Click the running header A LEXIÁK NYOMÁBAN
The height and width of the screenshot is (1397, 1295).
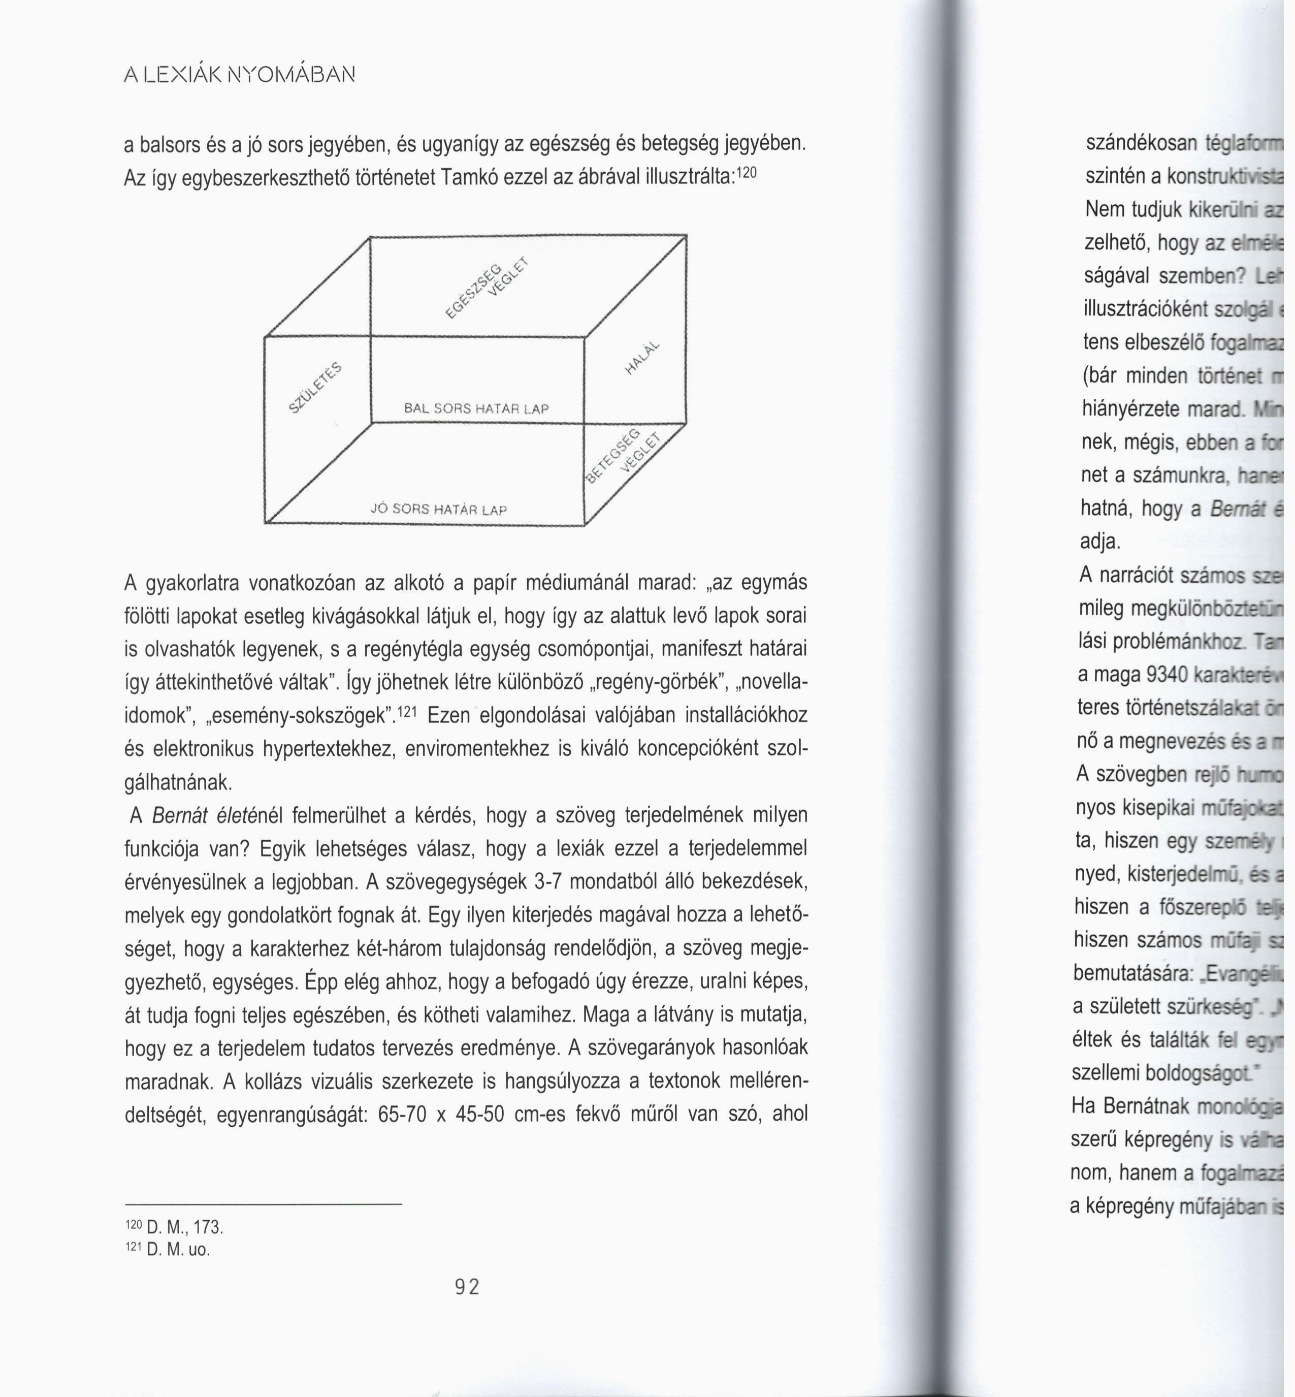click(x=240, y=74)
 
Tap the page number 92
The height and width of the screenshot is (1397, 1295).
click(x=467, y=1287)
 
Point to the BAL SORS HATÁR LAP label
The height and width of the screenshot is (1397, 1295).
click(x=476, y=408)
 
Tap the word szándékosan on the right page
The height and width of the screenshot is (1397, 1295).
click(x=1141, y=142)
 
